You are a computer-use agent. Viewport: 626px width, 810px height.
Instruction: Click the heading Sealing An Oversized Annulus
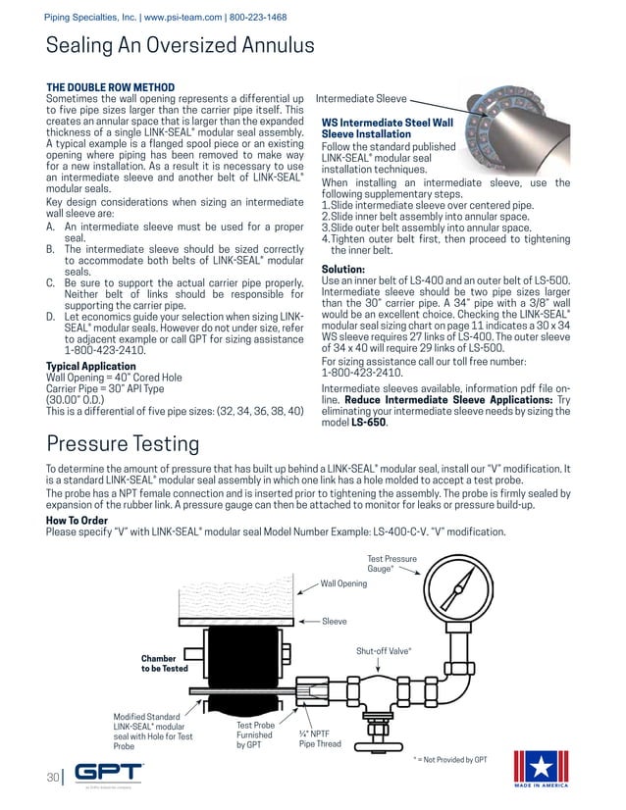(x=181, y=45)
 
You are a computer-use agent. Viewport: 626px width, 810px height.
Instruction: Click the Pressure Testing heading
(x=123, y=444)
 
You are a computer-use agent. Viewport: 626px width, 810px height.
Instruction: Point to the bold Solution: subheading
(x=343, y=269)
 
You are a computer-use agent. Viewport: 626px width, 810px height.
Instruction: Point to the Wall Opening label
(x=343, y=583)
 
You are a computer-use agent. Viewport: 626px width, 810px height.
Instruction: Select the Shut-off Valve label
(x=383, y=650)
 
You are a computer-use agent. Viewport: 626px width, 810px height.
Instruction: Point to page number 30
(x=54, y=777)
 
